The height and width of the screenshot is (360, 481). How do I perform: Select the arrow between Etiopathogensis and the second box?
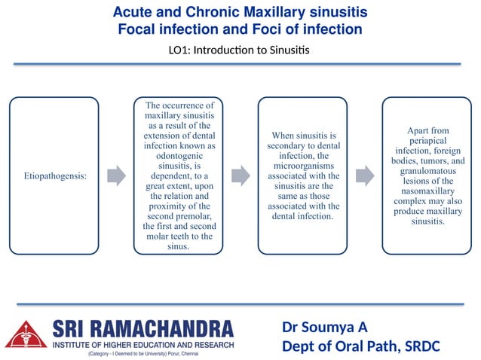coord(116,175)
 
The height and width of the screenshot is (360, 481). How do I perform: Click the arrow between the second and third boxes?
coord(240,175)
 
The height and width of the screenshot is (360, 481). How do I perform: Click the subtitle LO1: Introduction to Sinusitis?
coord(240,50)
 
